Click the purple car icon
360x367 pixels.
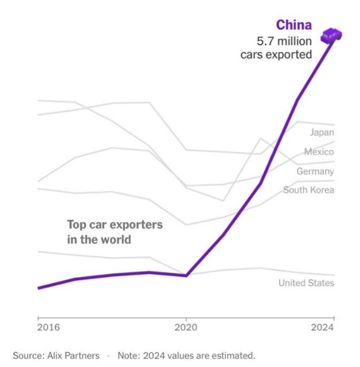[x=332, y=36]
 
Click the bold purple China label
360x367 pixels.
[x=294, y=25]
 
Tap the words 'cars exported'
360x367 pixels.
[x=276, y=54]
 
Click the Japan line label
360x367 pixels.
[x=321, y=132]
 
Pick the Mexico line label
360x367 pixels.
[x=319, y=152]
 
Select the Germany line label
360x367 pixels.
[x=315, y=171]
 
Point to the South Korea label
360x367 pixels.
[x=308, y=190]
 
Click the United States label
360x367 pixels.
[x=306, y=283]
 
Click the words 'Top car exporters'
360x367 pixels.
[x=115, y=225]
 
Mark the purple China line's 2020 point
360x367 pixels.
[x=186, y=275]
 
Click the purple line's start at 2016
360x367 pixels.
[x=39, y=288]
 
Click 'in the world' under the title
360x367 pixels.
[x=99, y=240]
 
